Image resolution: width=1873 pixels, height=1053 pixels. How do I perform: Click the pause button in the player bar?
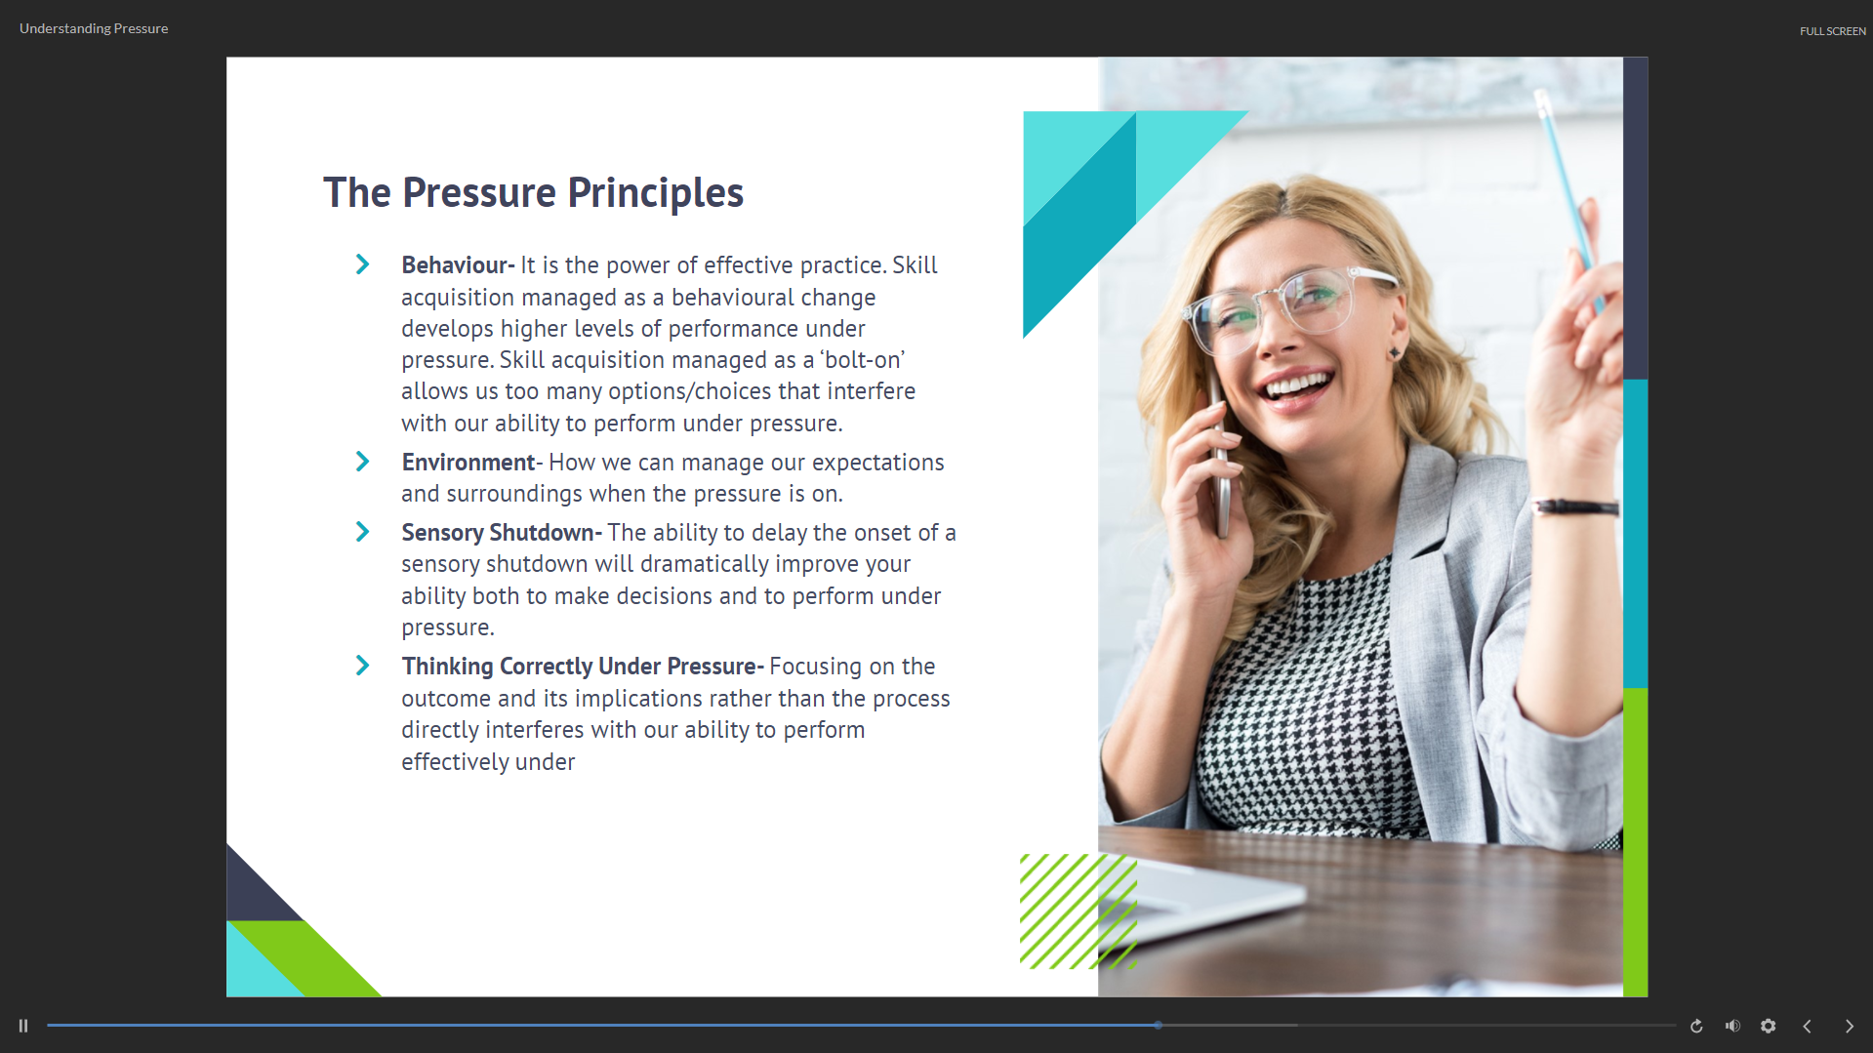click(x=23, y=1026)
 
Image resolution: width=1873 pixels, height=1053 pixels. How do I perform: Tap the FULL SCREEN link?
click(x=1832, y=31)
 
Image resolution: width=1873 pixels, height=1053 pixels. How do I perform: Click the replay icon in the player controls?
click(x=1696, y=1026)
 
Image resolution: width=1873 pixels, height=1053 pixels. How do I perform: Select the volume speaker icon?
click(x=1732, y=1026)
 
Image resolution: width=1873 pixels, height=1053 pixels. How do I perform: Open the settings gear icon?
click(x=1768, y=1026)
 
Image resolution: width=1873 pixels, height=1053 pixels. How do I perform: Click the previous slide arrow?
click(x=1807, y=1026)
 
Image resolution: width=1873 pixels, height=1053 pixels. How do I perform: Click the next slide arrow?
click(x=1849, y=1026)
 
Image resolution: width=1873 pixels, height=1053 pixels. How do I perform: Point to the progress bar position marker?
click(x=1158, y=1025)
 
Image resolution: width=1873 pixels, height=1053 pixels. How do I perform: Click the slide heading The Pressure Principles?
click(x=533, y=193)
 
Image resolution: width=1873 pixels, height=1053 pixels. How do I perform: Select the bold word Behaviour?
click(x=455, y=265)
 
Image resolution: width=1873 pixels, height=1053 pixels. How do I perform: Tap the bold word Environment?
click(x=468, y=463)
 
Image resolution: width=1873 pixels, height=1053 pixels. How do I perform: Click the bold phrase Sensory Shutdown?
click(x=498, y=533)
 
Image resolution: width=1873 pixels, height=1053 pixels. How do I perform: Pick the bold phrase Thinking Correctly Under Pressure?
click(x=579, y=667)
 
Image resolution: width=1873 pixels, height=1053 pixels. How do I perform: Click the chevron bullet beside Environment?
click(x=362, y=462)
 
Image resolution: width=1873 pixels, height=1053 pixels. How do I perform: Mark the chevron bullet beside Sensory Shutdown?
click(x=362, y=532)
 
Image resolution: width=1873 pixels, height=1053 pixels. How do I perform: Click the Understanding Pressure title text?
click(x=94, y=29)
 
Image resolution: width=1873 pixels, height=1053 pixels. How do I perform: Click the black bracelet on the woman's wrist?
click(x=1575, y=506)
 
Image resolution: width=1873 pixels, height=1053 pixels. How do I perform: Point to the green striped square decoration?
click(x=1079, y=911)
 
